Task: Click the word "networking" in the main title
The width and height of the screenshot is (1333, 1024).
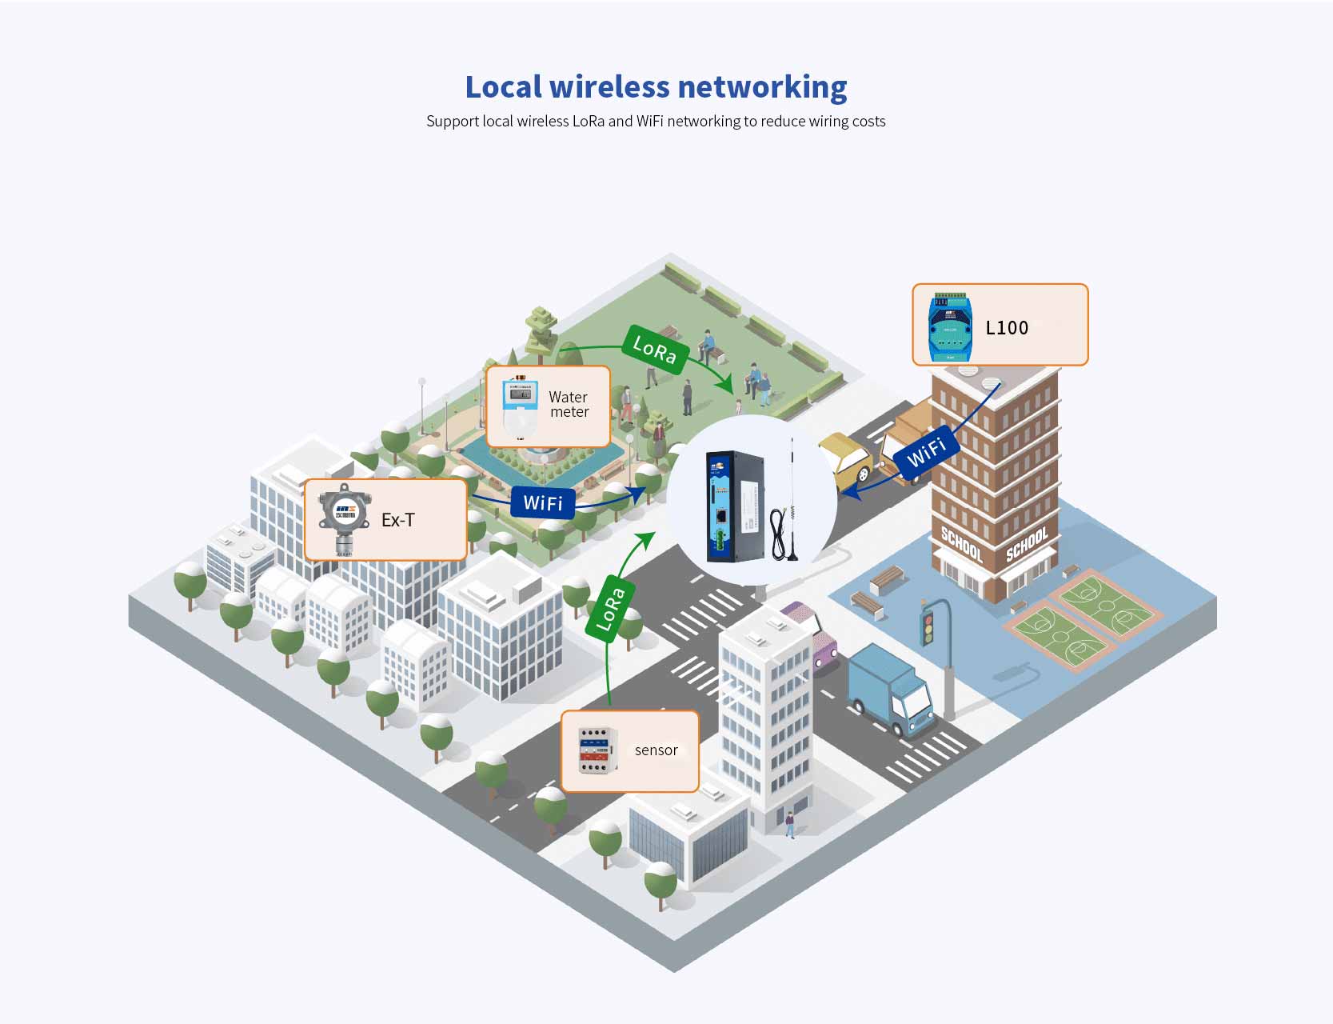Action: click(762, 87)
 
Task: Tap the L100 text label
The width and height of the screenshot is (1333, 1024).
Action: click(1007, 328)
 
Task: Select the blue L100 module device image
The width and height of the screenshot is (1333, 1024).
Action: click(951, 327)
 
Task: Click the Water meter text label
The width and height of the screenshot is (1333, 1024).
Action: click(569, 405)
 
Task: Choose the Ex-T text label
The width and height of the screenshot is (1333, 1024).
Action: click(397, 520)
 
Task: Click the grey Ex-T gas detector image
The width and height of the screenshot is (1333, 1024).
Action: click(344, 520)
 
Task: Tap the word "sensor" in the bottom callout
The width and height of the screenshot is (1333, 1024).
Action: click(656, 750)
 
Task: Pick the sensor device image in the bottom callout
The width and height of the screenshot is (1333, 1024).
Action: click(597, 750)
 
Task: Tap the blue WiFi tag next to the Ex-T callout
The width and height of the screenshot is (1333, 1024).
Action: click(543, 503)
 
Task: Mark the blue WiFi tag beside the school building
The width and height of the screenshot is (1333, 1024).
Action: click(927, 452)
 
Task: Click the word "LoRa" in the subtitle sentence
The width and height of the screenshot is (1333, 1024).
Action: click(589, 122)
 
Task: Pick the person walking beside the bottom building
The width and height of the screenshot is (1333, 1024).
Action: click(790, 825)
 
